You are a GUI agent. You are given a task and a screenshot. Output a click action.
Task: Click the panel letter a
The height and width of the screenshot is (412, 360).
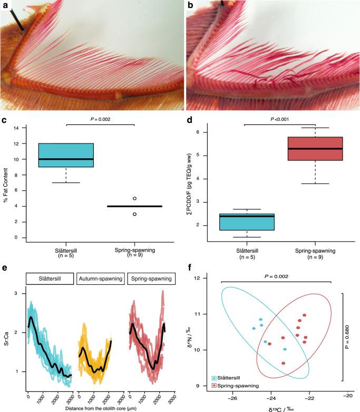point(5,5)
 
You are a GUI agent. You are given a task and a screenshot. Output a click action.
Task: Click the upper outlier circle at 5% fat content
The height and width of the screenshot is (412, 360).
point(135,198)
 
